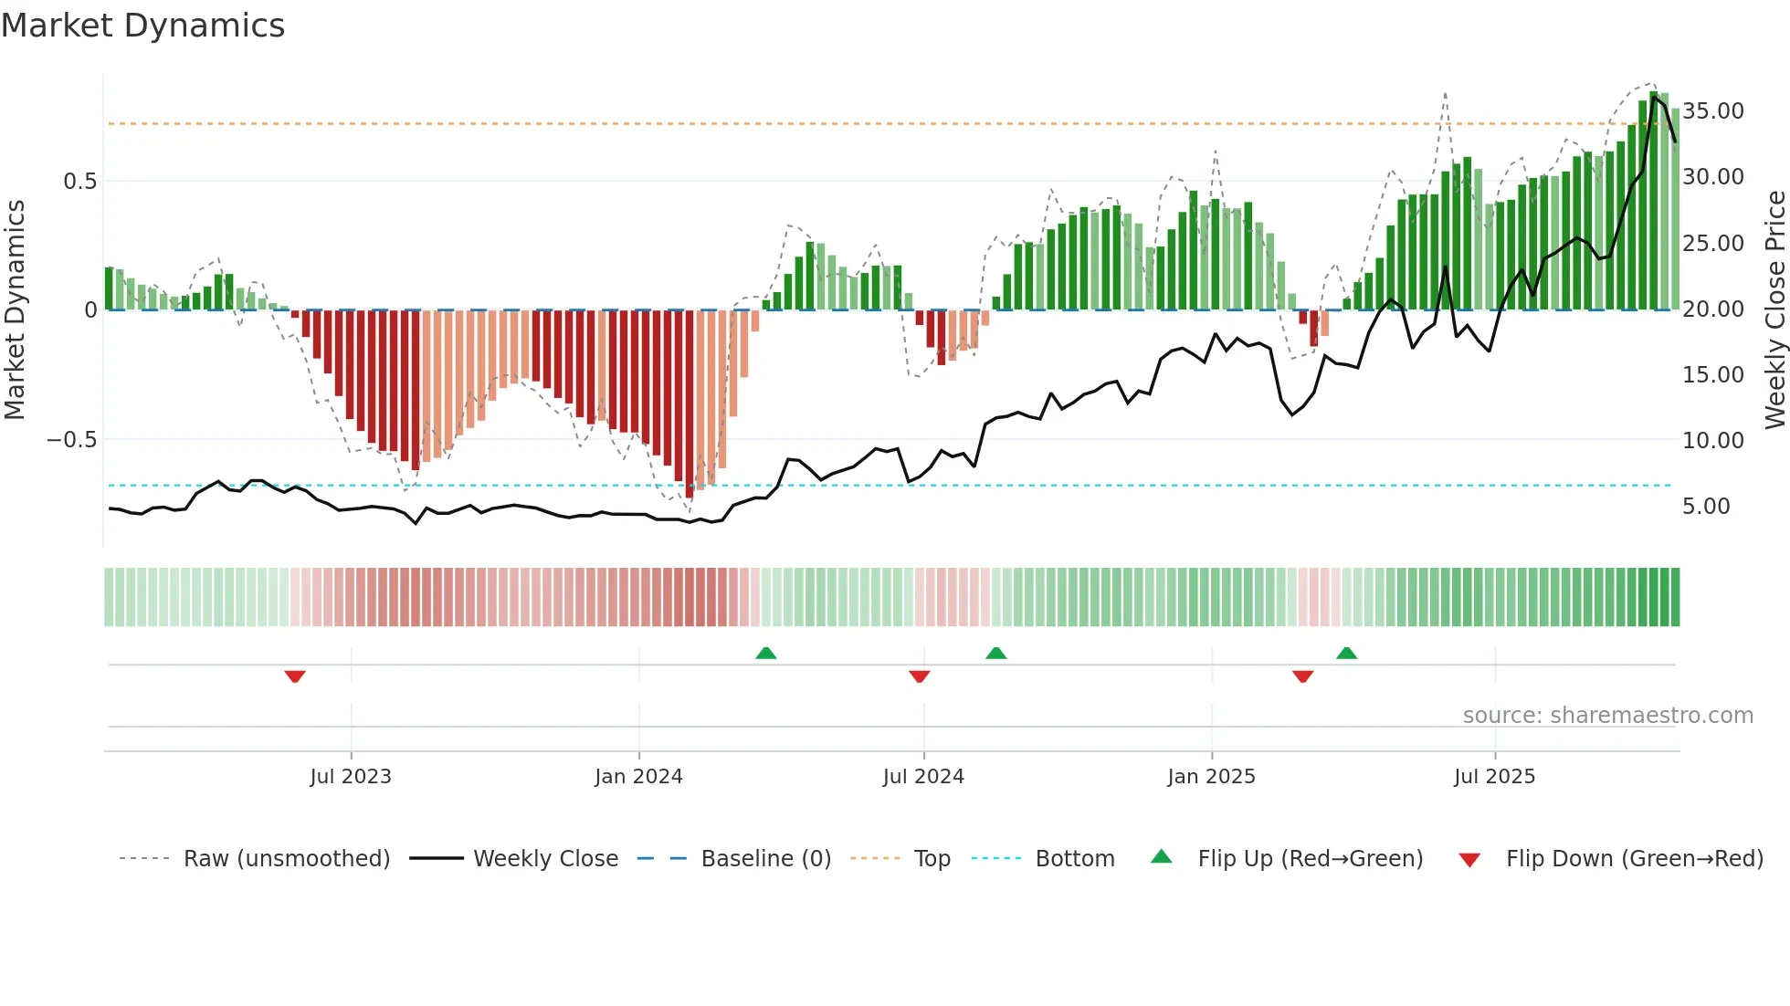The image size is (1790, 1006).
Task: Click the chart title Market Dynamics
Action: point(143,26)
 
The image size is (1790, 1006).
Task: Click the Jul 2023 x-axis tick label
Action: point(351,777)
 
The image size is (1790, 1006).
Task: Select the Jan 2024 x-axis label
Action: point(638,777)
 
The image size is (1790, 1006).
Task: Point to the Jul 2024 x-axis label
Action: point(923,777)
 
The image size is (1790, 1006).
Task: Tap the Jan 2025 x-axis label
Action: point(1211,777)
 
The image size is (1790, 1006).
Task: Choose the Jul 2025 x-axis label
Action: point(1494,777)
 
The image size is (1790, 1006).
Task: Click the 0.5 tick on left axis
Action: point(79,182)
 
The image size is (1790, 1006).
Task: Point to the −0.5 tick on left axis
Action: point(72,440)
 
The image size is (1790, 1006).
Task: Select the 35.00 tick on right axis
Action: point(1713,111)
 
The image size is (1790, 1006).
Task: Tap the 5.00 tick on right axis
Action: point(1706,507)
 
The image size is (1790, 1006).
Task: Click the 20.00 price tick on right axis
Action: point(1713,309)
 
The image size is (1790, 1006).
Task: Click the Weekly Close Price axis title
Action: point(1774,309)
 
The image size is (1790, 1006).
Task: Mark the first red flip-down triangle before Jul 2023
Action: point(294,676)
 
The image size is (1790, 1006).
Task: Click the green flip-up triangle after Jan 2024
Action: point(766,653)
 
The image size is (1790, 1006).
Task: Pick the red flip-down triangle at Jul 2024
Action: point(920,676)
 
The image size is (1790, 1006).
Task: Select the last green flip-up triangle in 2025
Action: point(1346,653)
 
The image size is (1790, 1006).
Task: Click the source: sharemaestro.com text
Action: point(1607,716)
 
